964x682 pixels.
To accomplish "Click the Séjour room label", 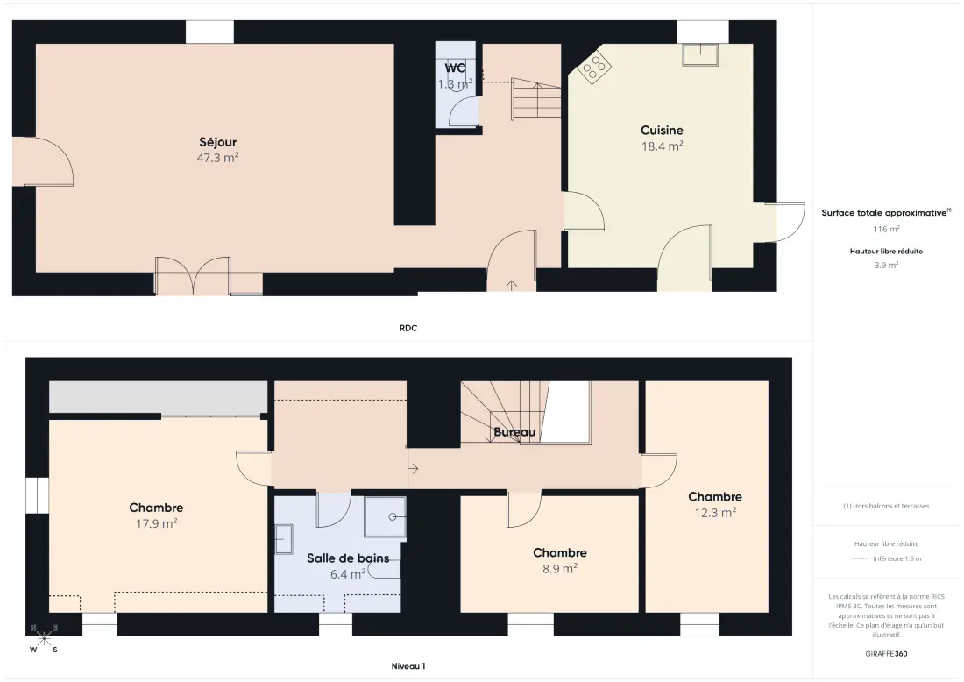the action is pyautogui.click(x=217, y=142).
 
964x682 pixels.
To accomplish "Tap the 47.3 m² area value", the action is pyautogui.click(x=217, y=158).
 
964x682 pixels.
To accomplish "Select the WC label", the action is pyautogui.click(x=455, y=67).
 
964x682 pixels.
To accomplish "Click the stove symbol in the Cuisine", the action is pyautogui.click(x=594, y=67).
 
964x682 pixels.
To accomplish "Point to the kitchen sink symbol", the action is pyautogui.click(x=700, y=54).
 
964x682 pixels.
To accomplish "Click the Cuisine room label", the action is pyautogui.click(x=663, y=131).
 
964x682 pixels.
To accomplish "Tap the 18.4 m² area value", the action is pyautogui.click(x=663, y=146).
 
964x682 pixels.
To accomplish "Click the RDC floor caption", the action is pyautogui.click(x=408, y=329).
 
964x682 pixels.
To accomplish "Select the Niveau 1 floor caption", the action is pyautogui.click(x=408, y=666).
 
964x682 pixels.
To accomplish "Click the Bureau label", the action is pyautogui.click(x=514, y=432).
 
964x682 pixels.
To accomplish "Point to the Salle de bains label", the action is pyautogui.click(x=348, y=558).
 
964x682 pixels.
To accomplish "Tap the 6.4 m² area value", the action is pyautogui.click(x=348, y=574).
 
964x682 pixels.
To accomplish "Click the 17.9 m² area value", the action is pyautogui.click(x=156, y=523).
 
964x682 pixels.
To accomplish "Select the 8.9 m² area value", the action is pyautogui.click(x=559, y=569).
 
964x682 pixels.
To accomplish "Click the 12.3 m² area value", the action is pyautogui.click(x=715, y=512).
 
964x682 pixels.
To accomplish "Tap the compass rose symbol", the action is pyautogui.click(x=45, y=638).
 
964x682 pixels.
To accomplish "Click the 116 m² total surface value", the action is pyautogui.click(x=886, y=229).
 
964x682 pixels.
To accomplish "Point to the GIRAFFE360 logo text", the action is pyautogui.click(x=886, y=654).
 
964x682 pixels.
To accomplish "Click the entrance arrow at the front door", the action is pyautogui.click(x=512, y=285).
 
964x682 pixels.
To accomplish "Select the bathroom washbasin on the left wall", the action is pyautogui.click(x=283, y=539).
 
